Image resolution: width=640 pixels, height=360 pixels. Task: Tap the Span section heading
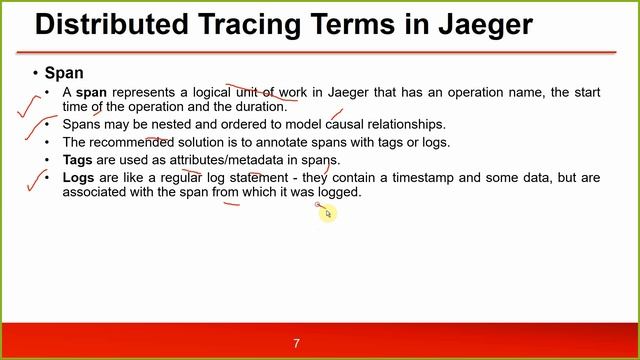coord(64,74)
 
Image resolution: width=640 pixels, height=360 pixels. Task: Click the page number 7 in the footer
coord(296,343)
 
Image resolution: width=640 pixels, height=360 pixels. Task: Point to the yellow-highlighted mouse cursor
coord(327,213)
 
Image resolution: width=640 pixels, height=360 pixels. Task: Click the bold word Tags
coord(78,160)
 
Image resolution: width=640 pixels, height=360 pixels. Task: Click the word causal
coord(347,125)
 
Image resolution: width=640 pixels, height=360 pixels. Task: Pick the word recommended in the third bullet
coord(129,142)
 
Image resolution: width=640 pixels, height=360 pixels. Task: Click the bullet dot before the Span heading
coord(35,74)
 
